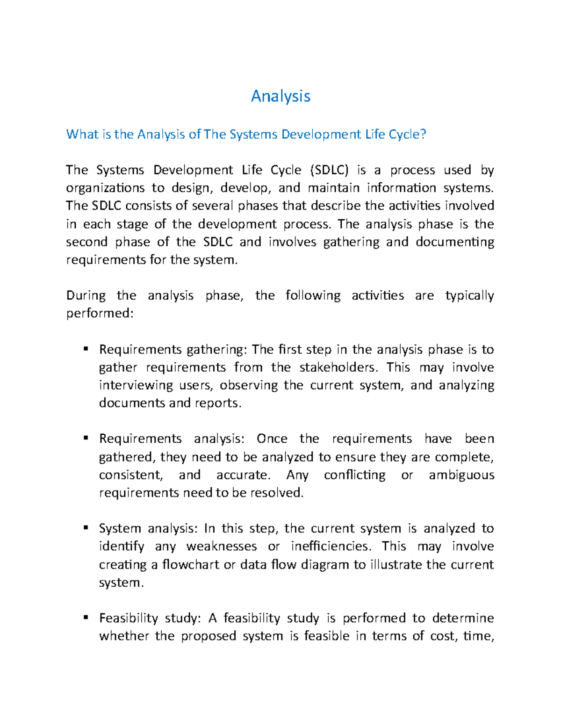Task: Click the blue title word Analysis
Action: click(280, 96)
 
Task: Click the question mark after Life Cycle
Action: click(424, 134)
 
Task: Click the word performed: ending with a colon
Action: click(100, 314)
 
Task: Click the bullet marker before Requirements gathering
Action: click(86, 349)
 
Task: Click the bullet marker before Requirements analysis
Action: click(86, 438)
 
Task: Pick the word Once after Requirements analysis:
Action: click(272, 439)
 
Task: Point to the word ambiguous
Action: click(461, 475)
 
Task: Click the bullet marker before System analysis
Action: click(86, 528)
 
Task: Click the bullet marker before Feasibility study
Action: click(86, 618)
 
